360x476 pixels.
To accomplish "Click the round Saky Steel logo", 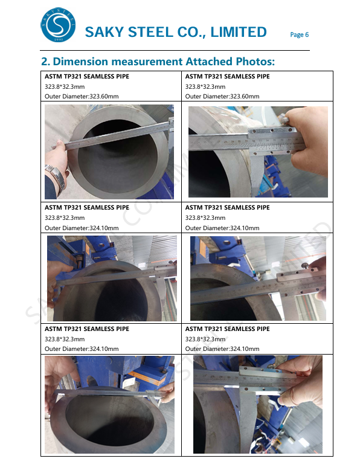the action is coord(58,25).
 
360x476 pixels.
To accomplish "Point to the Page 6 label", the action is coord(299,34).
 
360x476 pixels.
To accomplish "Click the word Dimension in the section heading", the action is coord(80,62).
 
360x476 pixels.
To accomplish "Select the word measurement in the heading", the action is coord(147,62).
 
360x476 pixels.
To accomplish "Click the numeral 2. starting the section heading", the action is coord(45,62).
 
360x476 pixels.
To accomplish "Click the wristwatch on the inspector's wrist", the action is coord(56,178).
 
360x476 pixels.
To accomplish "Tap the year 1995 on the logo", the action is coord(58,39).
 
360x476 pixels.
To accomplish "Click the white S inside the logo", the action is coord(58,25).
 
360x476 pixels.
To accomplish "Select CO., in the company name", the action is coord(192,33).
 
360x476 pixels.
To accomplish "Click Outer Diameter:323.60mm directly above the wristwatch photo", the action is coord(82,97).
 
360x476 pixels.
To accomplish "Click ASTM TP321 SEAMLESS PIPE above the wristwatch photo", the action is coord(87,77).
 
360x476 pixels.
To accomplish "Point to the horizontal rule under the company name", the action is coord(175,50).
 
